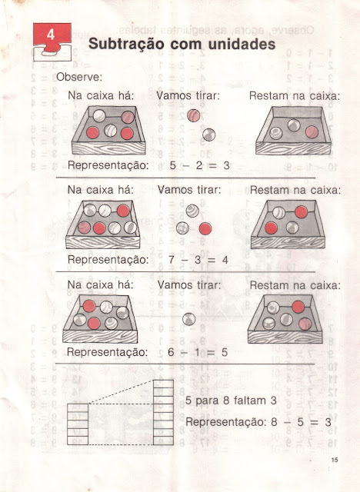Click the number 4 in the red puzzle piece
click(x=51, y=35)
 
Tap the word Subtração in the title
click(x=126, y=44)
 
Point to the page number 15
click(x=335, y=460)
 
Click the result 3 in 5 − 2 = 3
click(x=226, y=165)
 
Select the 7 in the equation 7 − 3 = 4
click(x=171, y=260)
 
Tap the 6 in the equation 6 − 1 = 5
click(x=171, y=352)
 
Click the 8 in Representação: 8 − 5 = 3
click(x=274, y=422)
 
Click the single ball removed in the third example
click(x=189, y=319)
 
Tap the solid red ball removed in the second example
click(x=205, y=229)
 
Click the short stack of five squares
click(x=78, y=424)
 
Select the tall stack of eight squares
click(x=163, y=413)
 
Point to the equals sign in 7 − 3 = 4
click(x=212, y=260)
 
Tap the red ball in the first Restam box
click(x=312, y=132)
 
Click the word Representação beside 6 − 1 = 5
click(x=108, y=352)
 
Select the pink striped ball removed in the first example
click(x=194, y=115)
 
